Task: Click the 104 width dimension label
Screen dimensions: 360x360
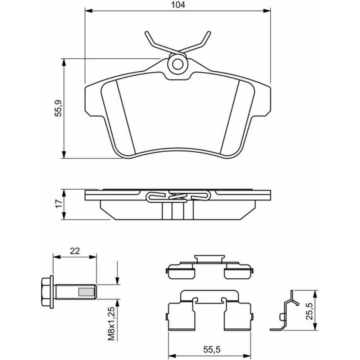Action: tap(178, 5)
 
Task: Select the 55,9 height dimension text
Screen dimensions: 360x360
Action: tap(59, 108)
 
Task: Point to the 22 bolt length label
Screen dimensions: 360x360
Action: tap(75, 251)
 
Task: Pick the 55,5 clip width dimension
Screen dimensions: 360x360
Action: tap(212, 350)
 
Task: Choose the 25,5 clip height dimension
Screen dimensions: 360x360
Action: tap(309, 311)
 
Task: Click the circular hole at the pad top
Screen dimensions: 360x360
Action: tap(177, 64)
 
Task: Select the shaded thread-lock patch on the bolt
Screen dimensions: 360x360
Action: tap(86, 292)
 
